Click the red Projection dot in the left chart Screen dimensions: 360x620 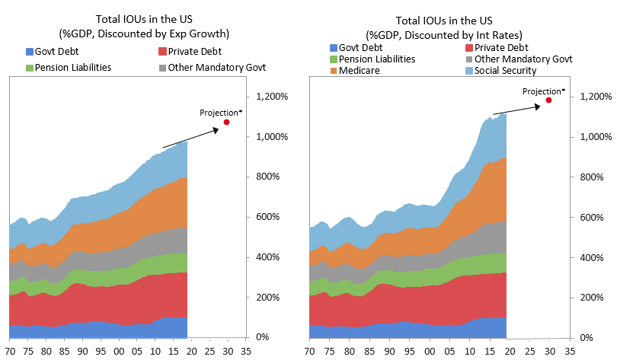(226, 122)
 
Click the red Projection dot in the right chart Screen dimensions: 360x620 (548, 100)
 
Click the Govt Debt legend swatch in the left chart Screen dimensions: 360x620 (30, 52)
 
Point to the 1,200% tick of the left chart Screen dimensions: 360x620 (272, 97)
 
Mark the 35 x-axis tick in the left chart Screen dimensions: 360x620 (245, 352)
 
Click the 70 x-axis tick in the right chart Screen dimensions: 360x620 (310, 352)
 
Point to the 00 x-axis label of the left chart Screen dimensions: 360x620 (119, 352)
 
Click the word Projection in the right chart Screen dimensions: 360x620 (541, 91)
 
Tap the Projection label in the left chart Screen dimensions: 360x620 (219, 113)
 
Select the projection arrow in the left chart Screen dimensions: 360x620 (190, 139)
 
